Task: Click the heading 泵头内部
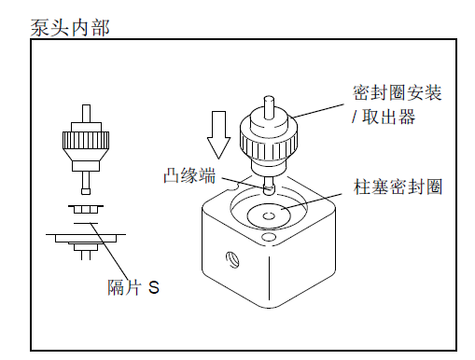click(70, 28)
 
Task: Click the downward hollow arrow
click(218, 135)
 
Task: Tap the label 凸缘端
click(189, 175)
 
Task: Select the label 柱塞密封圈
click(398, 187)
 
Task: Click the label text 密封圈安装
click(398, 92)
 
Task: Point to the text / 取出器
click(384, 117)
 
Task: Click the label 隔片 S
click(133, 287)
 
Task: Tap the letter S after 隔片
click(154, 287)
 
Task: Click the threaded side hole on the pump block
click(231, 259)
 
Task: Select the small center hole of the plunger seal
click(269, 215)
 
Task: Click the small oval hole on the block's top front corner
click(269, 237)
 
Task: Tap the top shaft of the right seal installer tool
click(269, 107)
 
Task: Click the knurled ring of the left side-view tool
click(86, 140)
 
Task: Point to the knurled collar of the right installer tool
click(269, 144)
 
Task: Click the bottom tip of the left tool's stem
click(86, 191)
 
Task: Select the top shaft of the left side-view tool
click(86, 114)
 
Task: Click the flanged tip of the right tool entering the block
click(269, 190)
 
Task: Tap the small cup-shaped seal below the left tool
click(86, 210)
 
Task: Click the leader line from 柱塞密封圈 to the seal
click(312, 201)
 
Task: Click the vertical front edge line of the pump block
click(269, 278)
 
